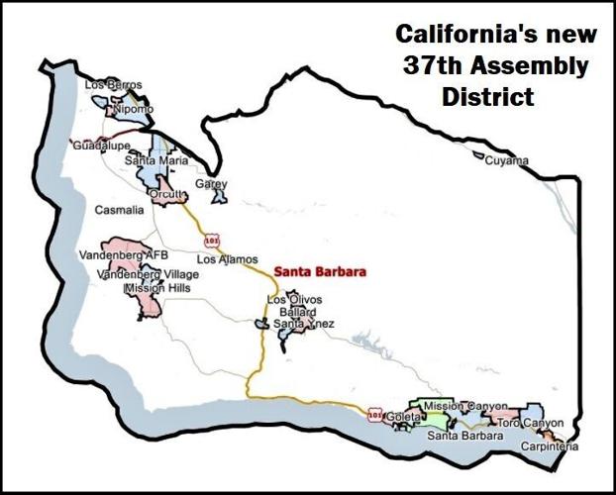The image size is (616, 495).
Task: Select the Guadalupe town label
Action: (102, 146)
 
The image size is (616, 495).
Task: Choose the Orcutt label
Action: (166, 194)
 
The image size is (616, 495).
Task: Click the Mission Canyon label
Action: (464, 406)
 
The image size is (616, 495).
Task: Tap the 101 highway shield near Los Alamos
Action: (211, 241)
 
